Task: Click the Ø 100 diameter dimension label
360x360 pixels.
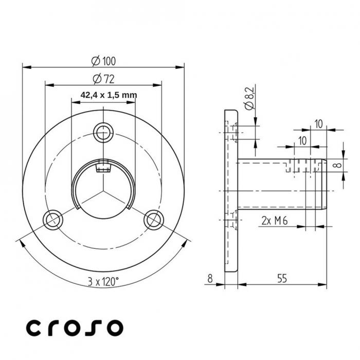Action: tap(103, 61)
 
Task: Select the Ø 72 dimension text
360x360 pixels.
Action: tap(103, 79)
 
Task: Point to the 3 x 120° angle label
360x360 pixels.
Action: tap(103, 281)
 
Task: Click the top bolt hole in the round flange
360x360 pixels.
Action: tap(103, 132)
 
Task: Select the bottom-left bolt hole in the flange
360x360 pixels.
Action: tap(52, 220)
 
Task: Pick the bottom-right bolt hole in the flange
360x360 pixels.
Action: tap(153, 220)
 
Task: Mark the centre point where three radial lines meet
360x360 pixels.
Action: tap(103, 191)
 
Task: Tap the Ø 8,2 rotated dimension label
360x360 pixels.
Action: tap(249, 98)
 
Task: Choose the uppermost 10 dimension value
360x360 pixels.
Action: tap(318, 124)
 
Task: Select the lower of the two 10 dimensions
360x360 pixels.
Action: tap(302, 141)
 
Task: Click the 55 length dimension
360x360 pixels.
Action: tap(282, 278)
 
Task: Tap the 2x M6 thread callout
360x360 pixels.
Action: tap(274, 221)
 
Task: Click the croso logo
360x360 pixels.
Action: tap(75, 327)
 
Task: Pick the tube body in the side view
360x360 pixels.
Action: tap(273, 185)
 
